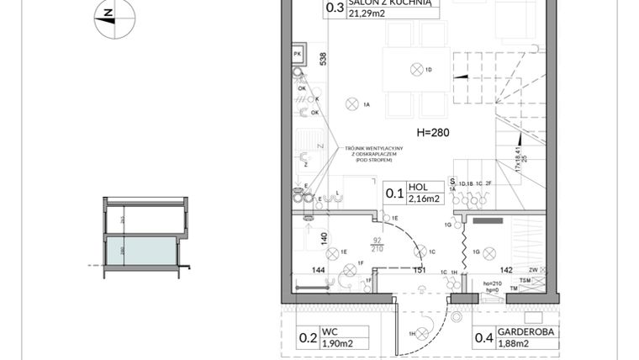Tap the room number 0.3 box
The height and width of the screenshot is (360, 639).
[x=333, y=8]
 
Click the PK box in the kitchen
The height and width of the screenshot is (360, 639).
[x=298, y=55]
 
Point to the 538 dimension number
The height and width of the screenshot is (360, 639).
[x=323, y=59]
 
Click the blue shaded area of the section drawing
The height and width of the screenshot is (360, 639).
[x=140, y=250]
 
